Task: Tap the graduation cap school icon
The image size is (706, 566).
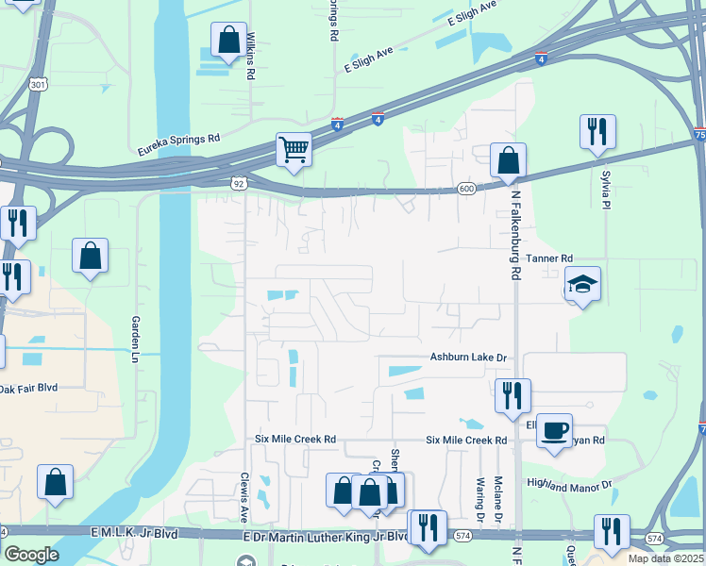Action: click(x=583, y=282)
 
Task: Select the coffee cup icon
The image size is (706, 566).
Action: click(x=555, y=430)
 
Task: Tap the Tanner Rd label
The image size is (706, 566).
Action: click(x=549, y=258)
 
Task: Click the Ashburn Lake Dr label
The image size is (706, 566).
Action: click(x=469, y=358)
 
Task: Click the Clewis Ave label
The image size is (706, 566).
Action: click(x=244, y=495)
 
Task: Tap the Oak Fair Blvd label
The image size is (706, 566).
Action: click(x=29, y=388)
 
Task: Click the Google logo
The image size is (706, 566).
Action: click(x=31, y=555)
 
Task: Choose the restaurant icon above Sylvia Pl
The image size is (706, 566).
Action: click(x=597, y=131)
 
